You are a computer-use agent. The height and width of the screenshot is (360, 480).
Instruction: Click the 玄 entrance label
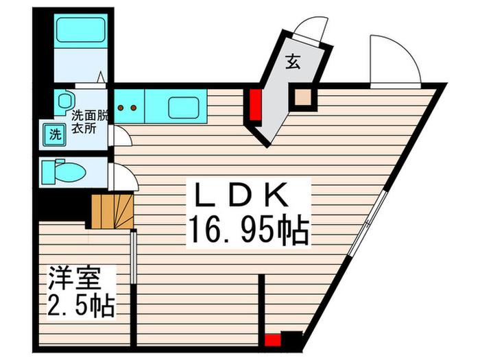pos(292,62)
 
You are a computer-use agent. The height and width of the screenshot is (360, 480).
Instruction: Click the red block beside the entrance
pos(256,104)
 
